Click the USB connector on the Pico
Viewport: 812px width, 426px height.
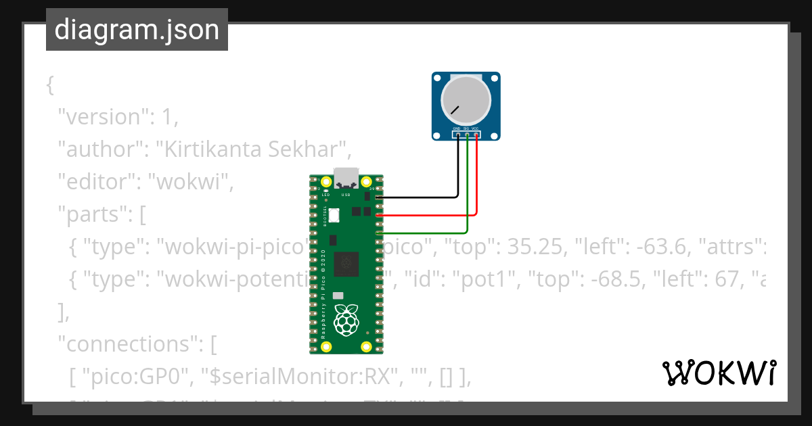coord(347,177)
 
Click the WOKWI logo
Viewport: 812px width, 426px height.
coord(719,373)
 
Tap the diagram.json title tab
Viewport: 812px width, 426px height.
coord(137,30)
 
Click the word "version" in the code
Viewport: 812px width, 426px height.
coord(102,117)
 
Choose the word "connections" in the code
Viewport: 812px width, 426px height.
coord(128,344)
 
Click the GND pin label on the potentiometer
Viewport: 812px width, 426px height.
coord(457,128)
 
